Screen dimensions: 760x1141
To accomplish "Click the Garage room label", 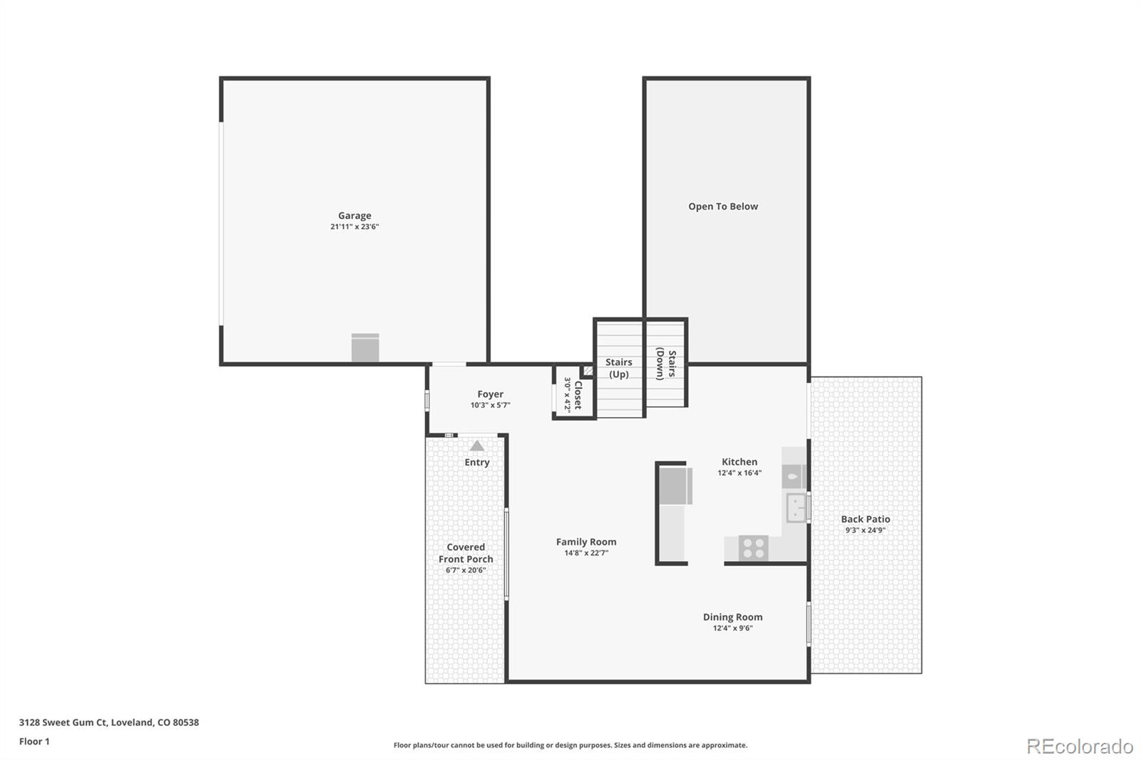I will [x=354, y=215].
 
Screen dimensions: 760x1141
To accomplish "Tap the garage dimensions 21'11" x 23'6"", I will [x=354, y=227].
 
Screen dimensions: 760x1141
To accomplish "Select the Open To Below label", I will [x=722, y=206].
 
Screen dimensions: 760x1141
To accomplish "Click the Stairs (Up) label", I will [x=618, y=368].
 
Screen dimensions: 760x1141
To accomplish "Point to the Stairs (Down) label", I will [x=666, y=364].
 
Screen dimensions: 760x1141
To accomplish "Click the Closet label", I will [x=578, y=395].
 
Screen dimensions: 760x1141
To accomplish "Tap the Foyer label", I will [x=490, y=394].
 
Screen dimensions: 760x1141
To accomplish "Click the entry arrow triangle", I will [x=477, y=446].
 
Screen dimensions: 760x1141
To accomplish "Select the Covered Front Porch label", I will [x=466, y=553].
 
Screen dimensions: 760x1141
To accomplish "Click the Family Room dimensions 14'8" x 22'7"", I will [x=586, y=553].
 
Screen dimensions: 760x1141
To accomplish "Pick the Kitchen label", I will [x=740, y=461].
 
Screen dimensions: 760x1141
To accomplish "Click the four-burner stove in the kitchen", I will [x=753, y=548].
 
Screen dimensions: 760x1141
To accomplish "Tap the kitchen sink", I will [x=796, y=508].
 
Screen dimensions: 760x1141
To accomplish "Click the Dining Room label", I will [x=732, y=617].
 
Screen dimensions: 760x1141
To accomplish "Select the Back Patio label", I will [x=865, y=519].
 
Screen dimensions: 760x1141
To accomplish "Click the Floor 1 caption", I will [x=34, y=741].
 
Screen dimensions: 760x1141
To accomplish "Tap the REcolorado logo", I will [x=1079, y=746].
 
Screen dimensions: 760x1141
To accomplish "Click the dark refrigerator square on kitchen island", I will [x=675, y=486].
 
